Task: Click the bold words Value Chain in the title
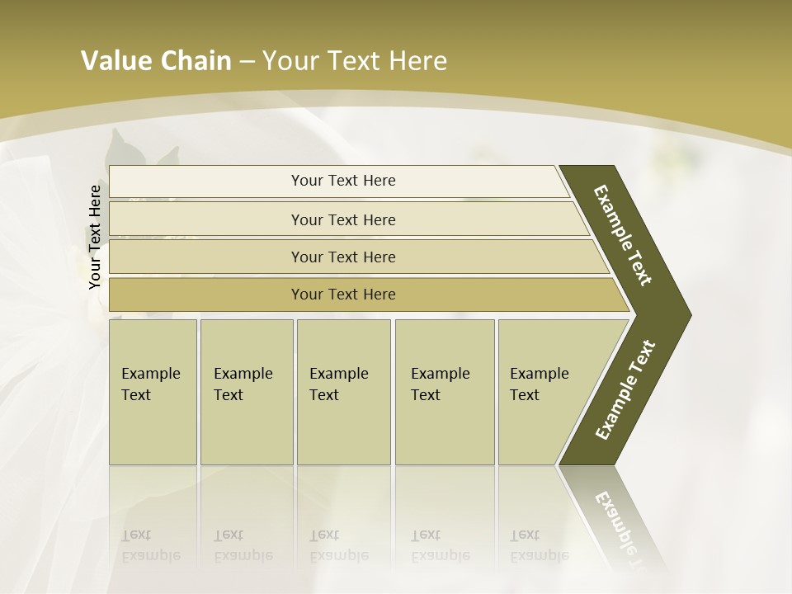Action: pos(156,61)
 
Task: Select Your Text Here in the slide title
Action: pos(355,61)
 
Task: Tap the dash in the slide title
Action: pos(247,62)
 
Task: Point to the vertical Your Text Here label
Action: pos(95,237)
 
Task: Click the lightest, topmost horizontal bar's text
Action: pos(343,181)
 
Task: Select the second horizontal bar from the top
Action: pos(343,219)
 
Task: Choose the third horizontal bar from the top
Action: pos(343,257)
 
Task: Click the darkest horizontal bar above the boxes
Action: pos(343,295)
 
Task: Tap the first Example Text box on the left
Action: pos(153,392)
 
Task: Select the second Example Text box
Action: pos(246,392)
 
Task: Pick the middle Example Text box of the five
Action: pos(343,392)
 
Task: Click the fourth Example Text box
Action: pos(445,392)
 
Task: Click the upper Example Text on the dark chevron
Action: pos(623,236)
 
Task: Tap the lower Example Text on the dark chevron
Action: pos(625,390)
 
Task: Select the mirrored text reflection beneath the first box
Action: pos(150,545)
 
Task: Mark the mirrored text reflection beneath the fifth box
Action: pos(539,545)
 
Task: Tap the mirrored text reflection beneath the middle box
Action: pos(338,545)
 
